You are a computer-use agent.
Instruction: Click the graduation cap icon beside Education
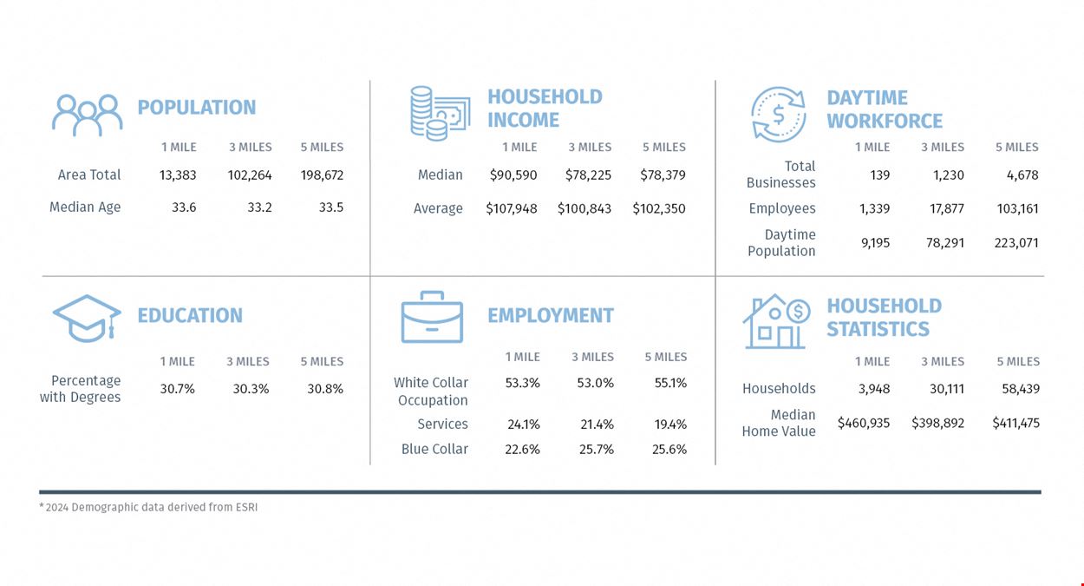tap(87, 319)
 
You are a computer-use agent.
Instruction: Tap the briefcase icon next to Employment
tap(432, 317)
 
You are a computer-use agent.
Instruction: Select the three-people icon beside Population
tap(87, 115)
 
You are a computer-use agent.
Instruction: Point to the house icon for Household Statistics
tap(777, 321)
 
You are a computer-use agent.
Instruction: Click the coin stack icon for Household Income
tap(440, 114)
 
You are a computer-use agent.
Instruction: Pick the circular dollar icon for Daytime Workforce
tap(778, 115)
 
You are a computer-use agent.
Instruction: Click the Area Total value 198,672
tap(322, 174)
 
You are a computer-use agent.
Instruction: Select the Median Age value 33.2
tap(259, 207)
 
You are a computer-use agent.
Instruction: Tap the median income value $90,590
tap(513, 174)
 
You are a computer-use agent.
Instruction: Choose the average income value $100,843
tap(584, 208)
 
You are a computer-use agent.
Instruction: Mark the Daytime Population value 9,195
tap(875, 242)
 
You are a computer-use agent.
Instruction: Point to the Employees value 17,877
tap(947, 208)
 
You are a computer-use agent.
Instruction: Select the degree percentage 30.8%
tap(325, 389)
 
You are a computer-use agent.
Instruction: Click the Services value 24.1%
tap(524, 425)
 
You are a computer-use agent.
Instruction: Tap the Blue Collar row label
tap(434, 449)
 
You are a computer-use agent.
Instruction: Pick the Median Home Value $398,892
tap(937, 424)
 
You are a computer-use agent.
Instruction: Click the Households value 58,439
tap(1021, 389)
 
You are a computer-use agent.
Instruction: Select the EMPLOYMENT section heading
tap(550, 316)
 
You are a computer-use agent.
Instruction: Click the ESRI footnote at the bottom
tap(148, 507)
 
